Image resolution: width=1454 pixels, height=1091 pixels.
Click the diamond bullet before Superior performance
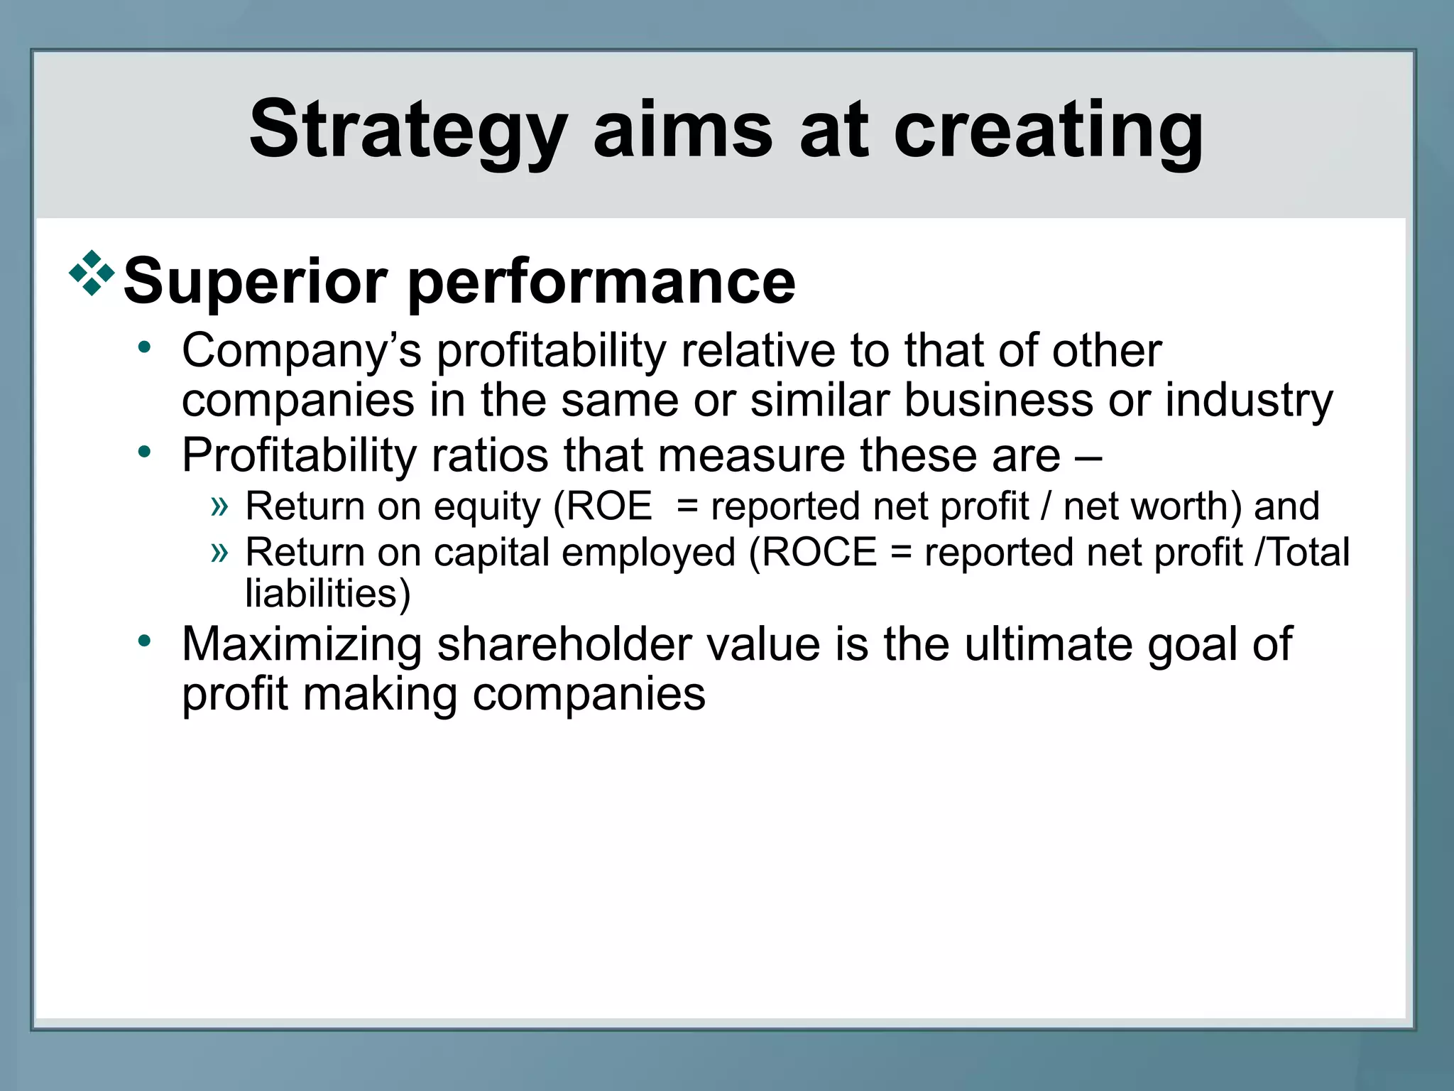coord(92,273)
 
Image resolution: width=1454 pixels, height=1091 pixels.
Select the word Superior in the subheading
coord(256,282)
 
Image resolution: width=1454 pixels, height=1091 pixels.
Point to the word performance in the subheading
coord(601,282)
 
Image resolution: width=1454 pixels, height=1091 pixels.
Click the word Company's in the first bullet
coord(301,352)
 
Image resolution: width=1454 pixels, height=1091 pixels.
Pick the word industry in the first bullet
coord(1249,401)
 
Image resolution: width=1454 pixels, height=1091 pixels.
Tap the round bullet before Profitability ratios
coord(145,452)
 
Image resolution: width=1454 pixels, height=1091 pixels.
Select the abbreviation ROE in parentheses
coord(608,506)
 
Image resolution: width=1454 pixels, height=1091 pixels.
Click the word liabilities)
coord(327,594)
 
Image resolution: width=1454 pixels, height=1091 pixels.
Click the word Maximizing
coord(301,645)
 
